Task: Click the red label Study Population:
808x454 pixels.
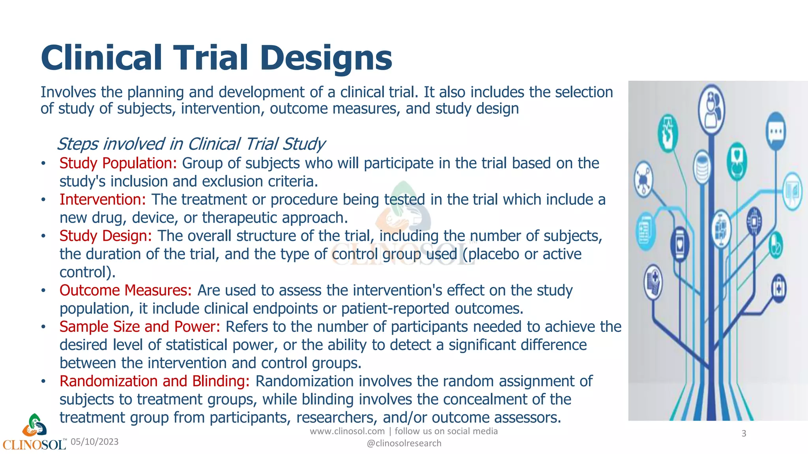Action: (118, 163)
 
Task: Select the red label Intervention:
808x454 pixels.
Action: (103, 199)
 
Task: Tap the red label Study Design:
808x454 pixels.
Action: (105, 236)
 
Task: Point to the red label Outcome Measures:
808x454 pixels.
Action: (125, 290)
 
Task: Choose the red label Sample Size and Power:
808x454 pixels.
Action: (140, 327)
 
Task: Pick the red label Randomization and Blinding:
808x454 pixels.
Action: (154, 381)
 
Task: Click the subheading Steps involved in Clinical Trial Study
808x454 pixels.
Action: (191, 144)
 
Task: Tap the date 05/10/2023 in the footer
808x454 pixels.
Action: (95, 442)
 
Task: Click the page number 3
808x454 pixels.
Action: (744, 434)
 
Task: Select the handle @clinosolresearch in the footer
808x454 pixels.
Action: (404, 443)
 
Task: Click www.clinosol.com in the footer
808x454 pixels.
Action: (347, 431)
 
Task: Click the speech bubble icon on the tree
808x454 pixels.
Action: (776, 131)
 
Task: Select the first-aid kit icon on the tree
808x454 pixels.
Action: (778, 288)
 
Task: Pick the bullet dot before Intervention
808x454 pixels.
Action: (44, 200)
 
